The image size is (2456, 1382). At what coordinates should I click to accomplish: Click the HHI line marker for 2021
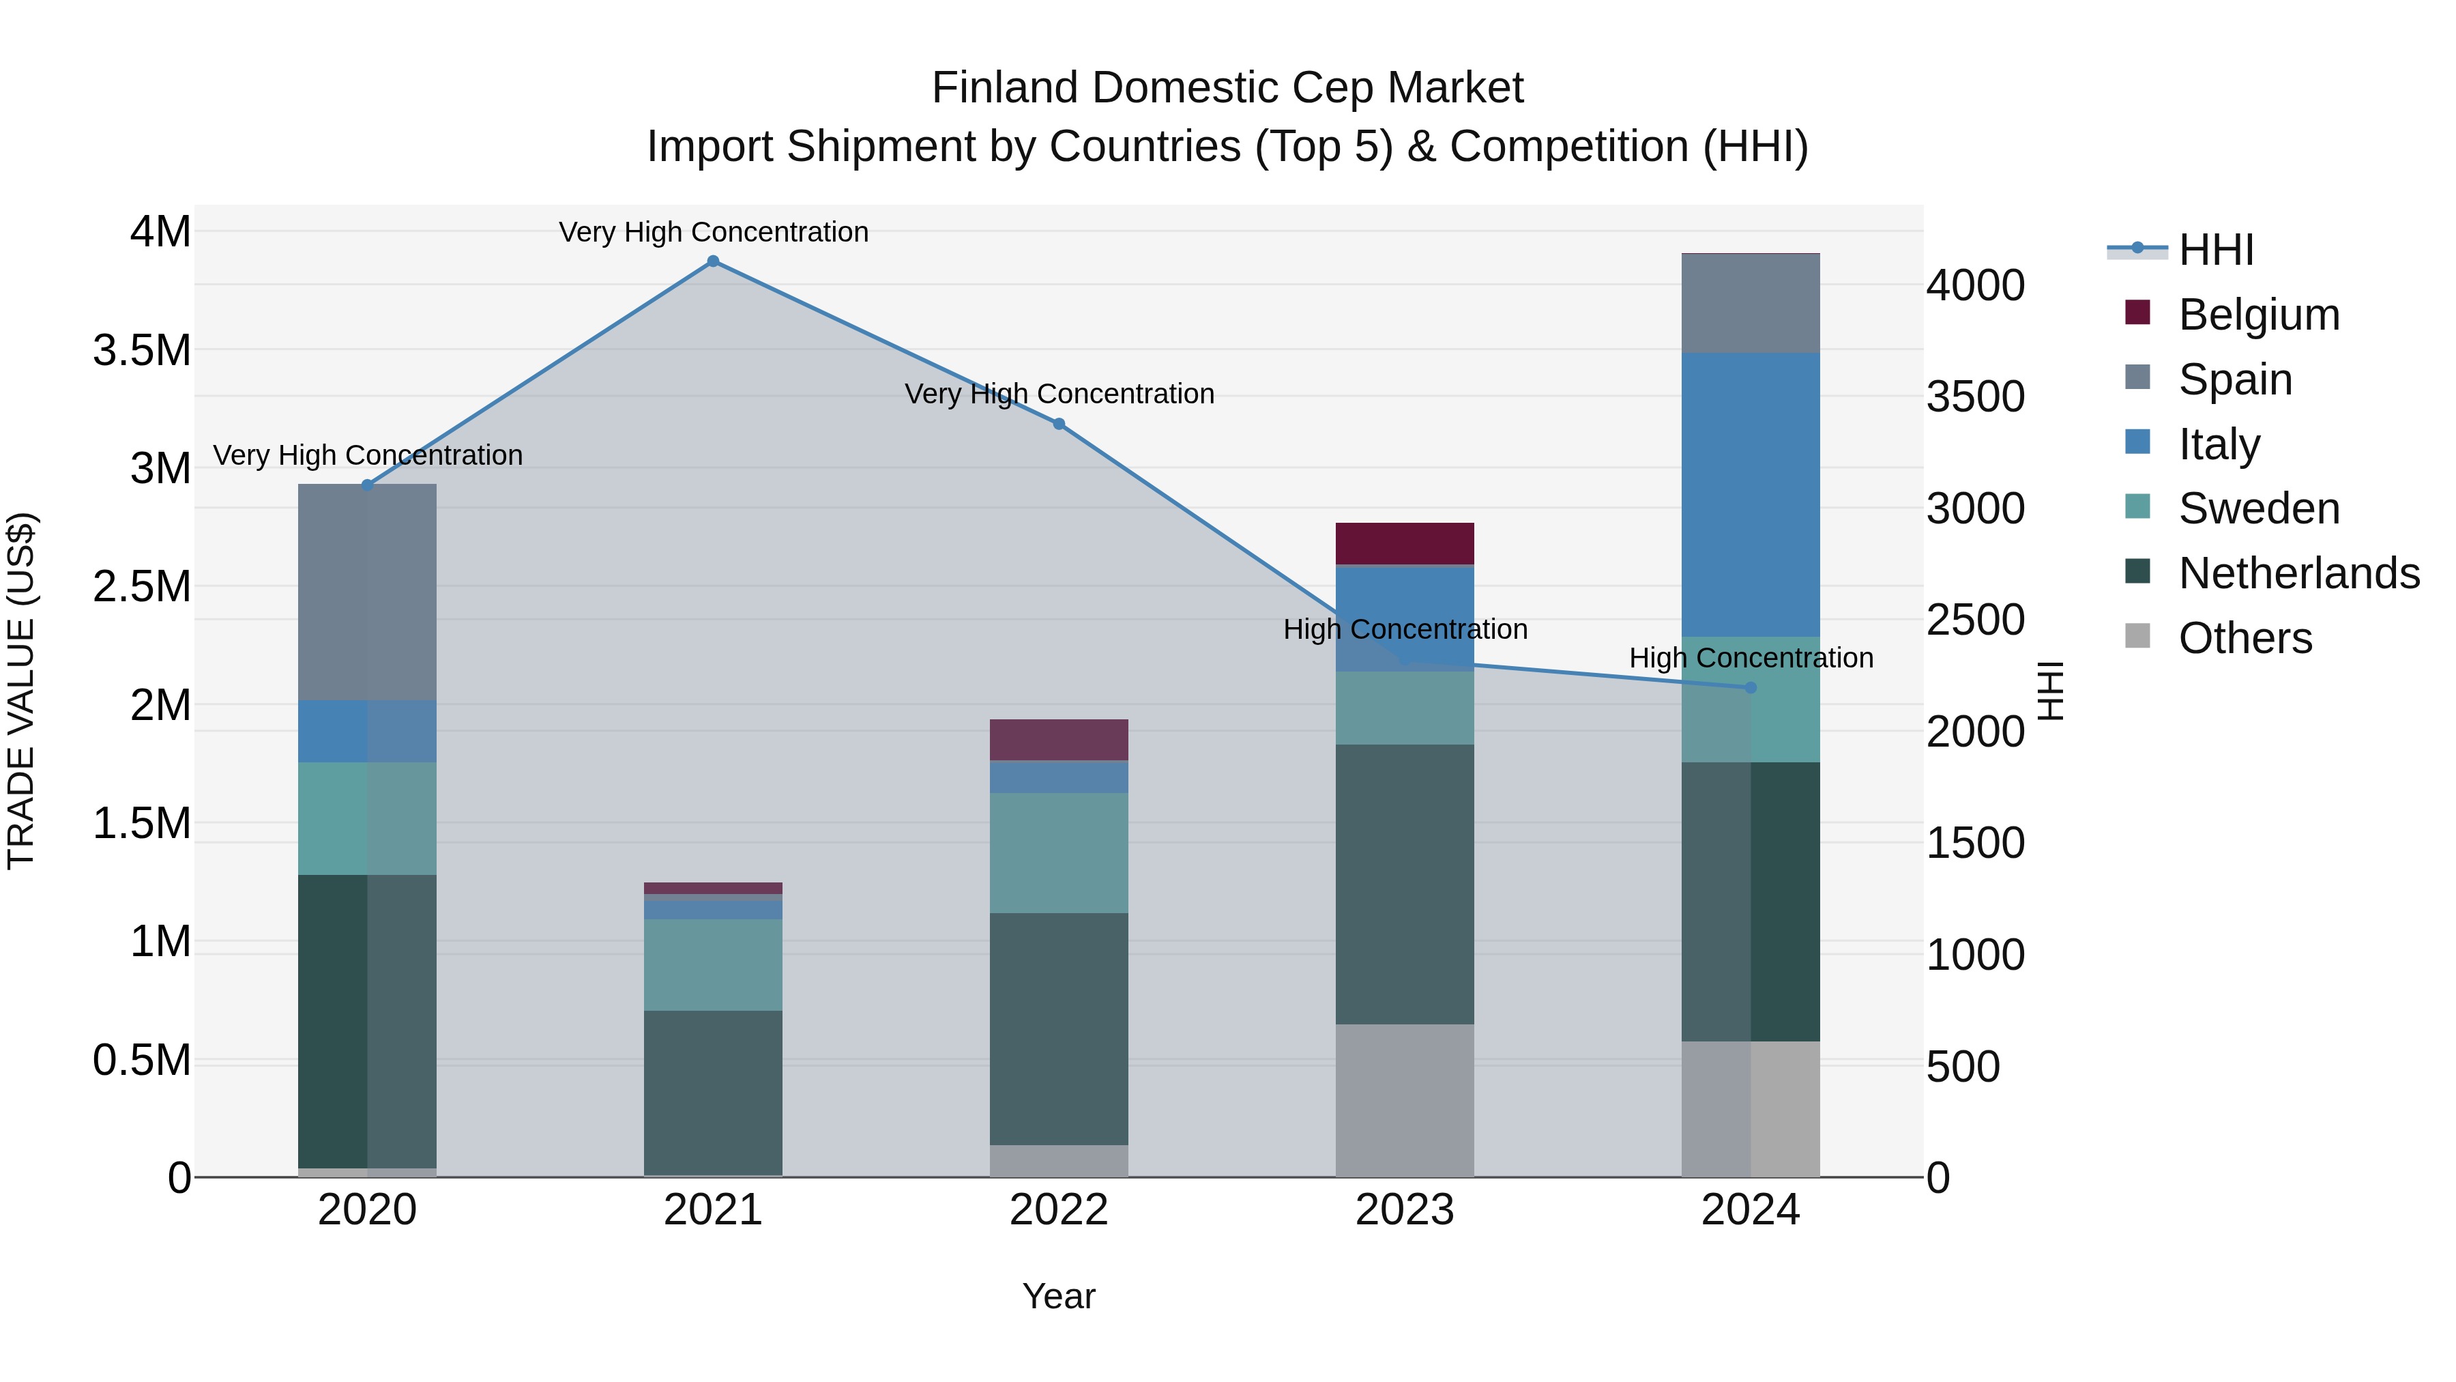[712, 261]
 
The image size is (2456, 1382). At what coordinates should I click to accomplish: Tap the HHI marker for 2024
[1751, 688]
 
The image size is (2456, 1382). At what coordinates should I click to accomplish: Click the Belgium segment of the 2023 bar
[1405, 544]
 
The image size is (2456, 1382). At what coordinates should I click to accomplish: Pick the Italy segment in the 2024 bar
[1751, 494]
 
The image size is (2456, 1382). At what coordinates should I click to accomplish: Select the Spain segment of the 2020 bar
[367, 591]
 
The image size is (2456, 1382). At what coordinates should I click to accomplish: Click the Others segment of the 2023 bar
[1405, 1099]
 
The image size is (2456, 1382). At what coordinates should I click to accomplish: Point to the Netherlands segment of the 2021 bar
[712, 1092]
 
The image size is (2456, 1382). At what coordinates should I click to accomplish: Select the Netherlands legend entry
[2298, 573]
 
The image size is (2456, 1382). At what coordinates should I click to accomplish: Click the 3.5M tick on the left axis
[141, 350]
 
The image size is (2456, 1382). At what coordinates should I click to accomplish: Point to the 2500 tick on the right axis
[1976, 620]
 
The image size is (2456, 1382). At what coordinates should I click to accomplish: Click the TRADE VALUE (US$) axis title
[21, 691]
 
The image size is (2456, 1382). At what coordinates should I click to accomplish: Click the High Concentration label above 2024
[1751, 658]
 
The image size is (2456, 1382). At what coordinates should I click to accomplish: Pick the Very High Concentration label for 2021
[713, 232]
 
